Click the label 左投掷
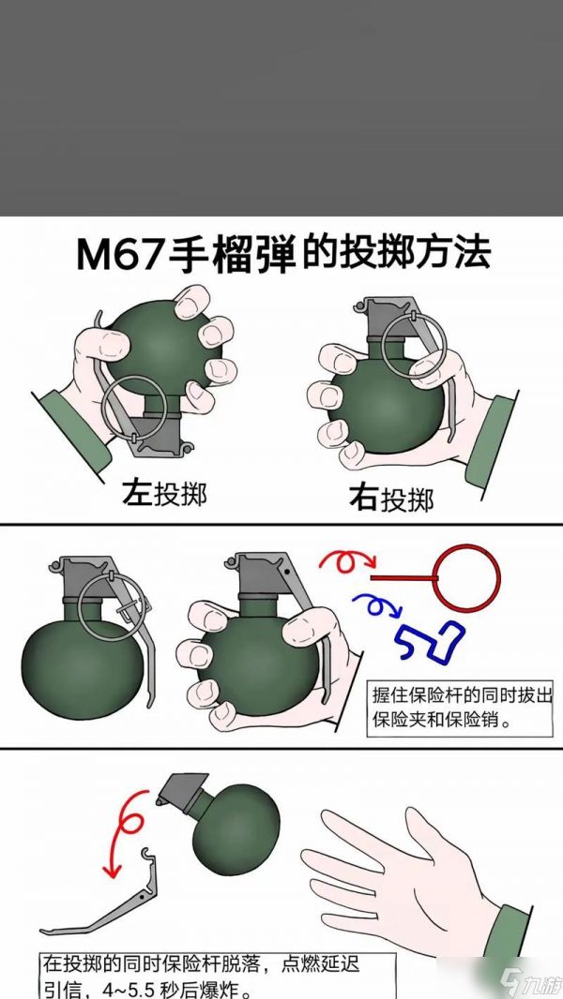(164, 494)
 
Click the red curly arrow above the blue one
(347, 562)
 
